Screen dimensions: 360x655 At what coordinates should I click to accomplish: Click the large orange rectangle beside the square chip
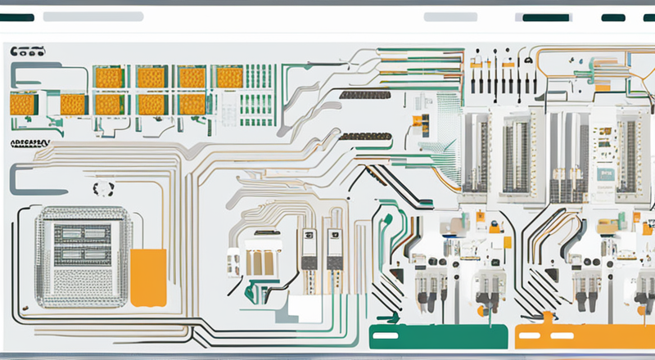click(148, 277)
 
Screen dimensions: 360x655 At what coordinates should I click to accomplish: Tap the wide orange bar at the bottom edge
click(585, 335)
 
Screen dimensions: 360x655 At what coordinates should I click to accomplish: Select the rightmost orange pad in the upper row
click(229, 78)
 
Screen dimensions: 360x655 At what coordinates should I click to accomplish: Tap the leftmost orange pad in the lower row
click(23, 104)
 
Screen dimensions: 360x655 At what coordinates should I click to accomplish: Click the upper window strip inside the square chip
click(80, 232)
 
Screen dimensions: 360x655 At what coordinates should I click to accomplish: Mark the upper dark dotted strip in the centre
click(365, 96)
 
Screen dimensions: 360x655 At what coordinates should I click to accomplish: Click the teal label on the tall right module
click(605, 173)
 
